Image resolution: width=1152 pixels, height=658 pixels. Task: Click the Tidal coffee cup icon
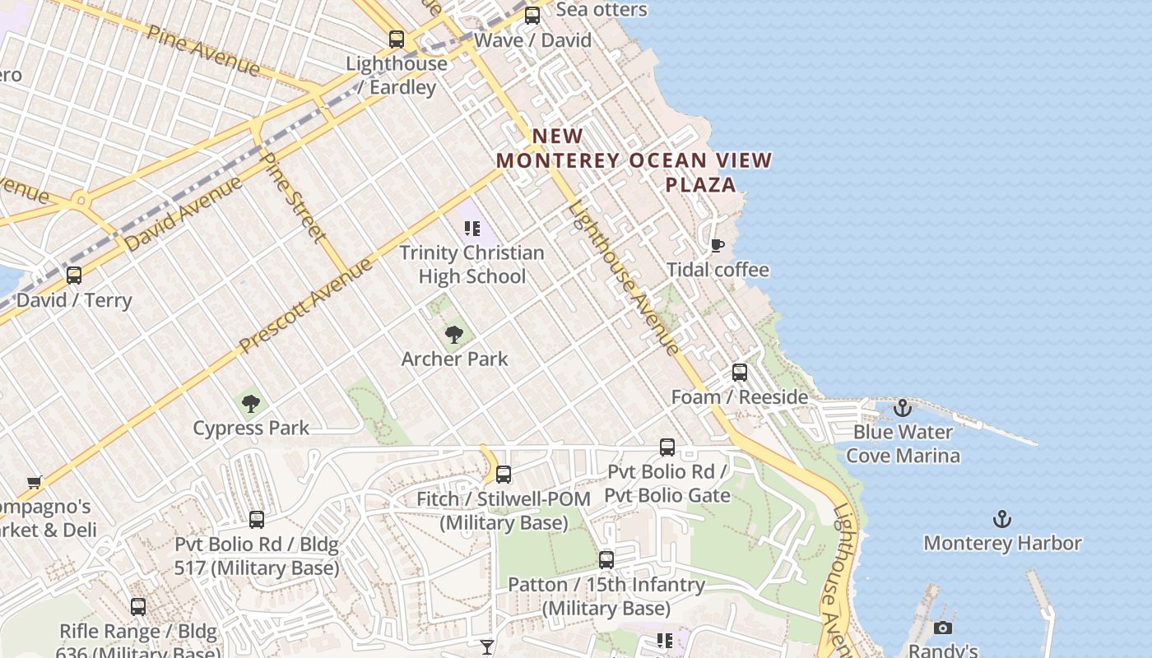point(718,245)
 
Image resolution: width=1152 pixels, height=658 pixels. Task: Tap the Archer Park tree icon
point(453,335)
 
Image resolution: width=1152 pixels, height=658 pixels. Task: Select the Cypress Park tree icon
point(251,404)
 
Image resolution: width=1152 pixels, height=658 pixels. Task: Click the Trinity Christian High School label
point(471,264)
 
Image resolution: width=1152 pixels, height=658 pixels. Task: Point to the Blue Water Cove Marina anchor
point(903,408)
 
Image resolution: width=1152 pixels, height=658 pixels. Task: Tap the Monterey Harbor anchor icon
point(1001,519)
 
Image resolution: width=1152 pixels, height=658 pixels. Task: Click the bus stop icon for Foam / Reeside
point(740,373)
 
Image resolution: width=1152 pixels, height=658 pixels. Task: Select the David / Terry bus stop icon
point(74,276)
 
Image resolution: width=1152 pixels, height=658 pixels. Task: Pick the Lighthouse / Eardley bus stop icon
point(397,39)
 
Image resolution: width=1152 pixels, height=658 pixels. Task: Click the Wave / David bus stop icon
point(532,15)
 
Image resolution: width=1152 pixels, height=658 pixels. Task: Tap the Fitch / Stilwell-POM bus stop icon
point(504,475)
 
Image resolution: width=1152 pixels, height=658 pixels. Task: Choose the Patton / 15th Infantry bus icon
point(606,560)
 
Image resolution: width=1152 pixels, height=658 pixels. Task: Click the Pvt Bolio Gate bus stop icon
point(667,447)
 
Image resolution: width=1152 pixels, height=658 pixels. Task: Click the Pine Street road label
point(292,197)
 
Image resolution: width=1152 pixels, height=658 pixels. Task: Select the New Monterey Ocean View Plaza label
point(634,160)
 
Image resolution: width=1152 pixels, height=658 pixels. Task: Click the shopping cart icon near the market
point(34,482)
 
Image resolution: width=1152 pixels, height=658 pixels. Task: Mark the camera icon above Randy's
point(943,628)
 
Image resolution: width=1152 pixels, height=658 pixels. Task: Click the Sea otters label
point(602,10)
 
